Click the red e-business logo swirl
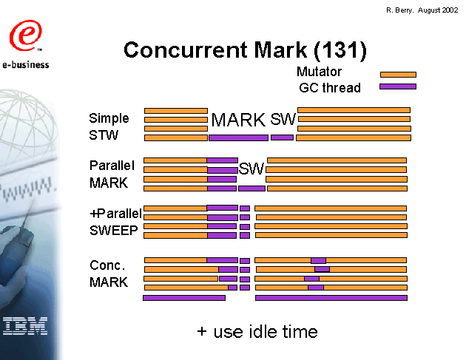pos(26,35)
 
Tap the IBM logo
pos(25,326)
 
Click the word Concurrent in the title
pos(186,50)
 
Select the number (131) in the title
pos(340,50)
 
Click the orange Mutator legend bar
pos(398,75)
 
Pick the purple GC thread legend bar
pos(398,86)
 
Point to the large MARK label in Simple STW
pos(238,120)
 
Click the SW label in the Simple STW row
pos(283,119)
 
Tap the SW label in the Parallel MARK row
pos(251,169)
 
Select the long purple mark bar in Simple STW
pos(238,137)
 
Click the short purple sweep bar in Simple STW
pos(282,137)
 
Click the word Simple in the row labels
pos(109,118)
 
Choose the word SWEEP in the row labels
pos(114,231)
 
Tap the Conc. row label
pos(107,265)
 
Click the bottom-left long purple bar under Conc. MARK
pos(184,298)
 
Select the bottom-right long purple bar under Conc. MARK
pos(331,298)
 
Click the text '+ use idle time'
pos(257,332)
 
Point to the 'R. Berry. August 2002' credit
pos(422,10)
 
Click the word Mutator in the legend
pos(320,72)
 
